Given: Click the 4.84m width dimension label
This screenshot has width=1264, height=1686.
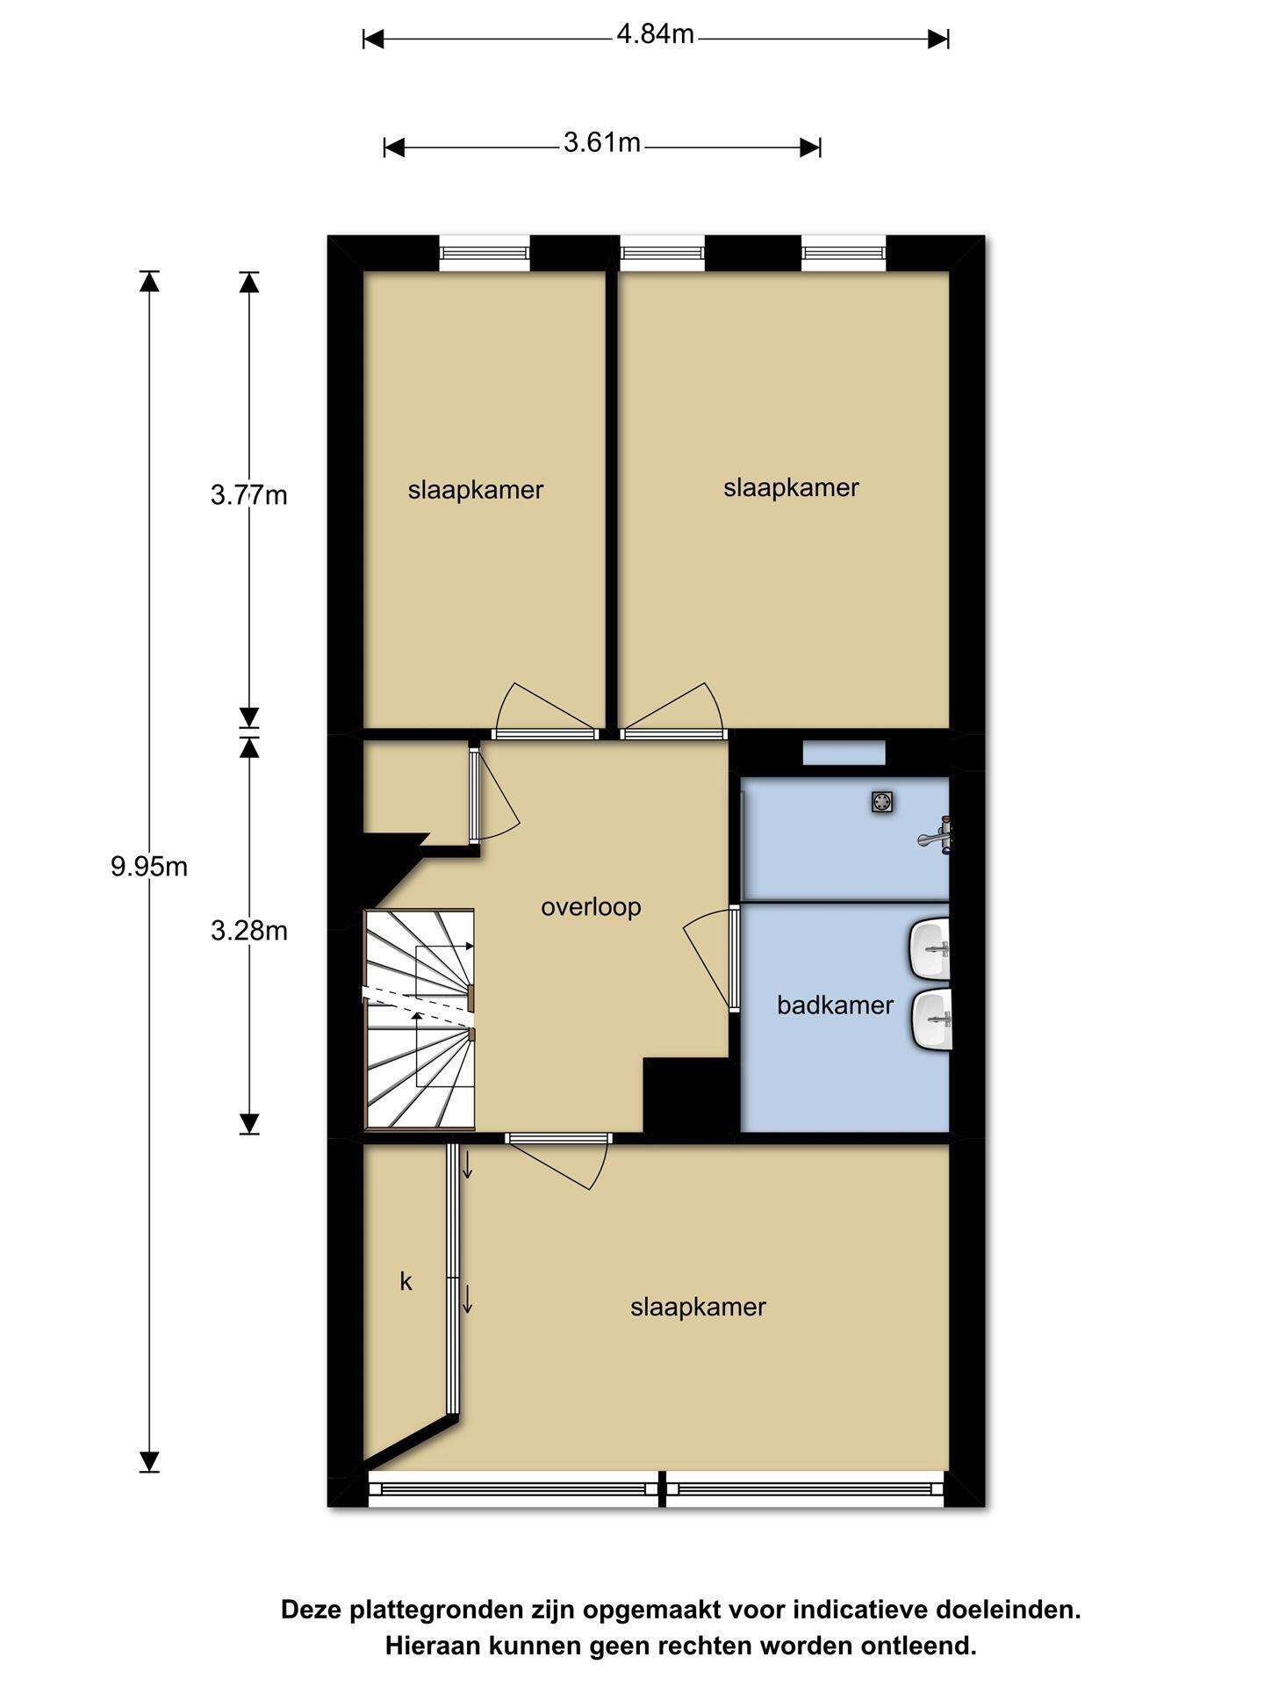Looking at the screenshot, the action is point(655,35).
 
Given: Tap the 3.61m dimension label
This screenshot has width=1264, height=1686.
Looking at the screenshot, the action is point(601,142).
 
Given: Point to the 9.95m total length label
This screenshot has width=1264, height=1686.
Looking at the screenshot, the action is point(149,867).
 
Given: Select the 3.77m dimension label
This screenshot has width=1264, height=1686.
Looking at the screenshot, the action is point(249,495).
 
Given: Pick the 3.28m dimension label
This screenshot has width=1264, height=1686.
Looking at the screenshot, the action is point(249,930).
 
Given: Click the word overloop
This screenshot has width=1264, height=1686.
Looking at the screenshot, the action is point(591,907).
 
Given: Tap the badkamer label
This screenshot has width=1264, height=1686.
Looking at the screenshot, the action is point(835,1005).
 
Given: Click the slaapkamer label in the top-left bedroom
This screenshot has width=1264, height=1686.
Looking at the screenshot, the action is point(476,490).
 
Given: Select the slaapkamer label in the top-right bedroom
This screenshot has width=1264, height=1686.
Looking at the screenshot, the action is point(791,487).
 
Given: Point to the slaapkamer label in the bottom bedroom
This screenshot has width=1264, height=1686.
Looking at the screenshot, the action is point(698,1308).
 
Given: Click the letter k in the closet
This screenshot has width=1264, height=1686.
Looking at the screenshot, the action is point(406,1281).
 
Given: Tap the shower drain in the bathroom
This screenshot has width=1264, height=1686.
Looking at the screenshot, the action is point(882,801).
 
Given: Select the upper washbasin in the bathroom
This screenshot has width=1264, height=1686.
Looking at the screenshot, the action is point(930,948).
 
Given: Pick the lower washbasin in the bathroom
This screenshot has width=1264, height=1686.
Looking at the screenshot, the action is point(930,1020).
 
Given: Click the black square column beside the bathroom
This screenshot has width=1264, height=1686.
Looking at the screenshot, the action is point(689,1096).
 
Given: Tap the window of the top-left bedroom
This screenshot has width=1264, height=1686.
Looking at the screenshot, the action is point(485,253).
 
